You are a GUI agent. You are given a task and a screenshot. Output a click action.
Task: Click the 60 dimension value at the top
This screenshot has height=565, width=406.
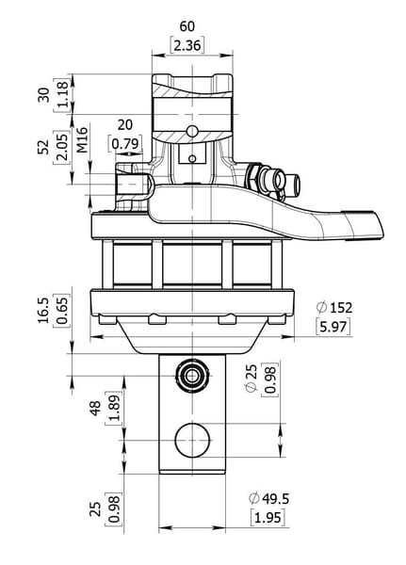pyautogui.click(x=187, y=26)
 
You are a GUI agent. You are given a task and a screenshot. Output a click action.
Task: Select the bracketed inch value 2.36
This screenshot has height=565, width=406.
pyautogui.click(x=187, y=46)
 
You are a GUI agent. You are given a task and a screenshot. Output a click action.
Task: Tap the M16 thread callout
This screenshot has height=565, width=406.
pyautogui.click(x=83, y=139)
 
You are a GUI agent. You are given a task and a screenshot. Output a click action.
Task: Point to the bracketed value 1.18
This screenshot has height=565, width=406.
pyautogui.click(x=62, y=94)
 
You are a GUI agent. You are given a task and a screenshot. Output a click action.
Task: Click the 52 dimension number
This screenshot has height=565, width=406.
pyautogui.click(x=43, y=147)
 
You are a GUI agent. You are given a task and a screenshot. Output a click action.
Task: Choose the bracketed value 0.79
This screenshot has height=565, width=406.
pyautogui.click(x=125, y=144)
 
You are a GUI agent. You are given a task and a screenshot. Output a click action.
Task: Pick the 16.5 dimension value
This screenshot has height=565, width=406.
pyautogui.click(x=43, y=311)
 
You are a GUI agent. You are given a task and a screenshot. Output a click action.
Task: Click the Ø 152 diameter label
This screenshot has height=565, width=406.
pyautogui.click(x=333, y=308)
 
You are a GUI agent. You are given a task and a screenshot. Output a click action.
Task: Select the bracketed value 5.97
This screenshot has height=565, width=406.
pyautogui.click(x=333, y=327)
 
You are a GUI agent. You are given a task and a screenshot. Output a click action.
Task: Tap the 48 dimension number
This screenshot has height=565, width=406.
pyautogui.click(x=95, y=409)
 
